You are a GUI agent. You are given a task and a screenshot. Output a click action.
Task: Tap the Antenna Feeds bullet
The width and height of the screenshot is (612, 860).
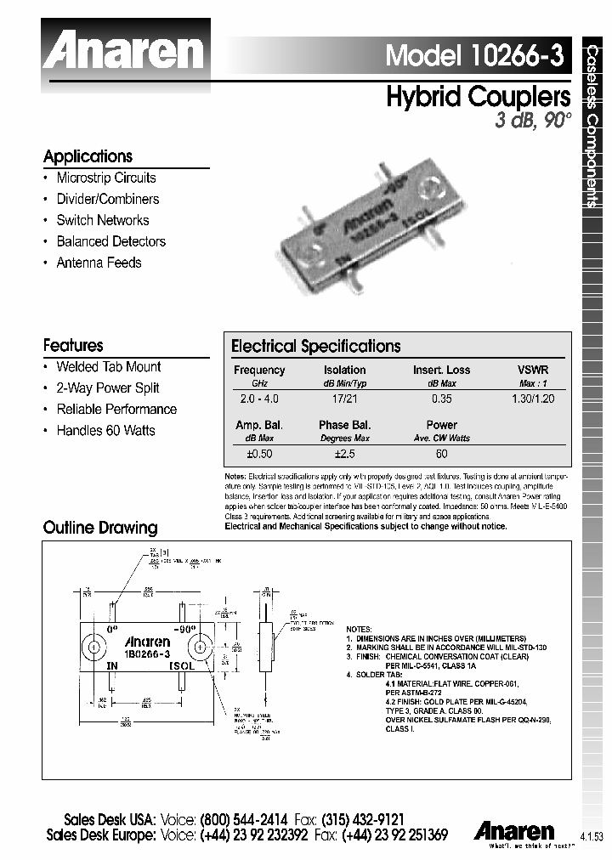tap(99, 263)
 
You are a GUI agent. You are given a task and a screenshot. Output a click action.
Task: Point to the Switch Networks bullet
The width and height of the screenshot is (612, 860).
tap(102, 220)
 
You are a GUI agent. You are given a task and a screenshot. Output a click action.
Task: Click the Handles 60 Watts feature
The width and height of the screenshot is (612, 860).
tap(105, 431)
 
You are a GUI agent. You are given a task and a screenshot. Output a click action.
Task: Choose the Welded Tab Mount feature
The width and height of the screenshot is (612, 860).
tap(108, 367)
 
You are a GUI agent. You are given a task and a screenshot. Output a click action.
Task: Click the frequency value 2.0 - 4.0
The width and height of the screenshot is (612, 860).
tap(259, 398)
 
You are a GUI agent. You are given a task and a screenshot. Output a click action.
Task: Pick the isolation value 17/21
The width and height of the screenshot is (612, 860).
tap(344, 398)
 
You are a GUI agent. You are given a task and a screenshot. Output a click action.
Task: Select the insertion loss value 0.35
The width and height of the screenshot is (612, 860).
tap(441, 398)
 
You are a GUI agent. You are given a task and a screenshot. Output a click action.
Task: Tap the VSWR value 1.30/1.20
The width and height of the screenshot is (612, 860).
tap(533, 398)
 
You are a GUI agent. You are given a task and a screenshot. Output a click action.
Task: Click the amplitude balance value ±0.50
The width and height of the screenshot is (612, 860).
tap(258, 454)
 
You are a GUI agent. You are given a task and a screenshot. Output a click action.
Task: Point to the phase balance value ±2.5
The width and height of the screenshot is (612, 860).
tap(344, 454)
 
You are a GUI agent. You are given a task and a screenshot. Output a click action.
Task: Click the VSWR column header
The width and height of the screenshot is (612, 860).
tap(533, 371)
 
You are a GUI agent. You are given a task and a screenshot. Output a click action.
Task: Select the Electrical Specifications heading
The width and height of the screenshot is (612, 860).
tap(315, 347)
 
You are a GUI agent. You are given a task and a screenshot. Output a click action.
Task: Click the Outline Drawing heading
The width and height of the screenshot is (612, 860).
tap(100, 528)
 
